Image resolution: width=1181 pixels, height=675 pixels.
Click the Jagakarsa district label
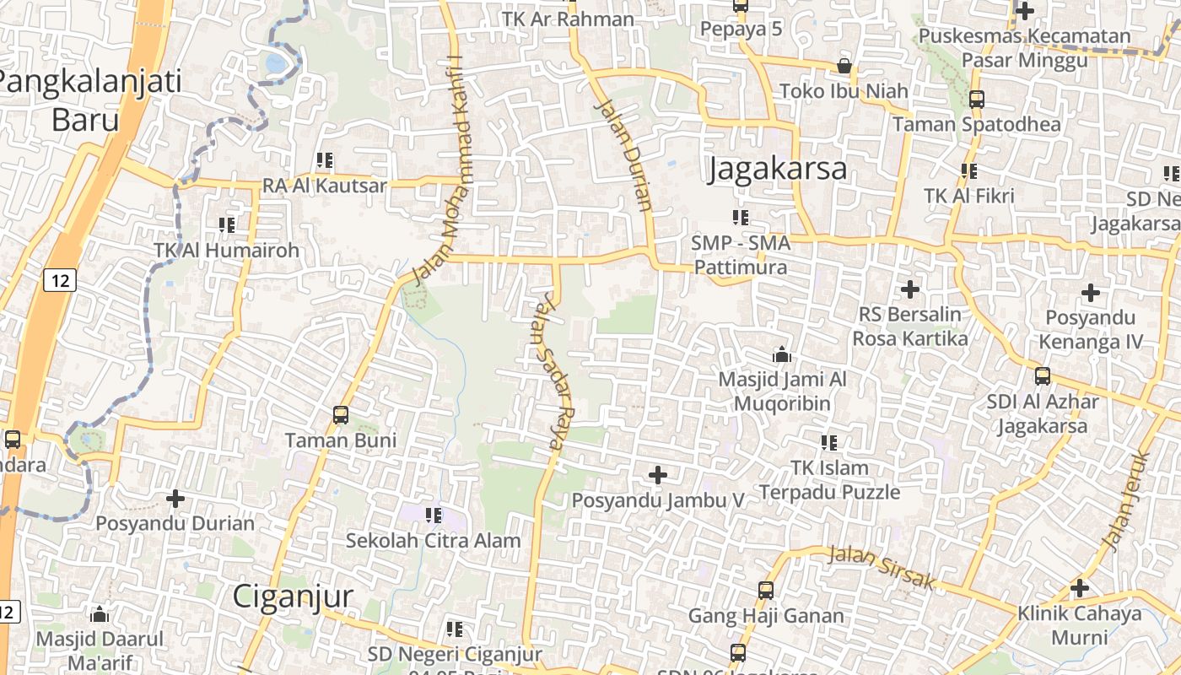click(778, 168)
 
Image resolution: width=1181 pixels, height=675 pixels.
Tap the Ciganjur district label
click(293, 596)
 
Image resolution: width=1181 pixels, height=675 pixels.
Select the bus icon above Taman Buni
click(341, 414)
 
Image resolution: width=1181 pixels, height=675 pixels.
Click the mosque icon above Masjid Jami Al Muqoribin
click(782, 354)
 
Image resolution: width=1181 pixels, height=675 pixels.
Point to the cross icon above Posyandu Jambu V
click(658, 475)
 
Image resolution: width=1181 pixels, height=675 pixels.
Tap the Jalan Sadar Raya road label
click(549, 370)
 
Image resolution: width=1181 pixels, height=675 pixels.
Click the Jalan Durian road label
click(625, 154)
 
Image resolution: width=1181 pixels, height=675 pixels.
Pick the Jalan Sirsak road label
click(882, 567)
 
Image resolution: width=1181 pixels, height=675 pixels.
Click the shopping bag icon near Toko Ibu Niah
click(844, 66)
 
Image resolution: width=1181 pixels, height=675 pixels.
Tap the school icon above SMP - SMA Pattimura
click(741, 218)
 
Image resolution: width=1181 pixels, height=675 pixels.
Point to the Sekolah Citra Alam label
click(433, 540)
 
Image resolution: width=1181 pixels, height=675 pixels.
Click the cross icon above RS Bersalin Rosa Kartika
click(910, 289)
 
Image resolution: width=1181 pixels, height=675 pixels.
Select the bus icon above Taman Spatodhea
click(977, 99)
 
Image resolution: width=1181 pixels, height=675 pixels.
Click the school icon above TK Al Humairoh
click(226, 224)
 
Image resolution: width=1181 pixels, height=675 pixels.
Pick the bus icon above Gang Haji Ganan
click(766, 590)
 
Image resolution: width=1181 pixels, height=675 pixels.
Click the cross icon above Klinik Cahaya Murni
click(1080, 587)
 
